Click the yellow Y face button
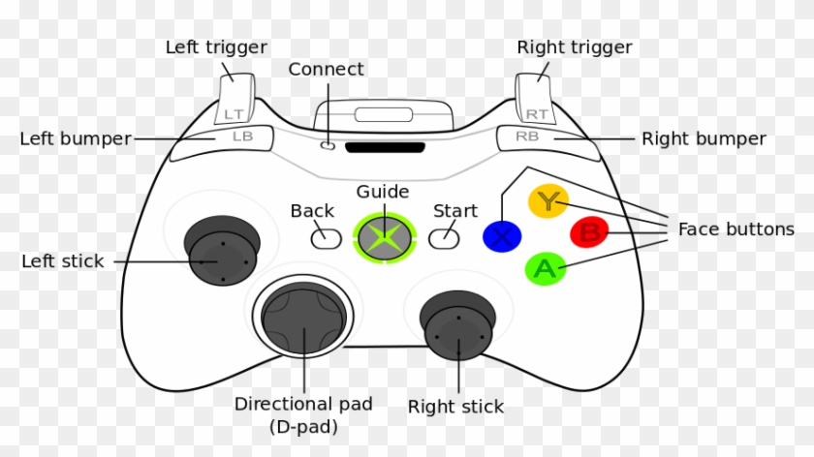(x=548, y=201)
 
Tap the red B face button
(x=589, y=232)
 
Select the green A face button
(x=545, y=268)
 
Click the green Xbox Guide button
(x=385, y=237)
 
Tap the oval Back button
(x=326, y=235)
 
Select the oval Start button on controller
(x=443, y=235)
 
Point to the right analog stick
(x=457, y=324)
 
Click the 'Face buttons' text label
(x=736, y=229)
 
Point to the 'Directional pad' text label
(x=303, y=404)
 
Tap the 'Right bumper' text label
(x=704, y=139)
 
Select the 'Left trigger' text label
(x=216, y=46)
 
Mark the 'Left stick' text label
(x=62, y=261)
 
